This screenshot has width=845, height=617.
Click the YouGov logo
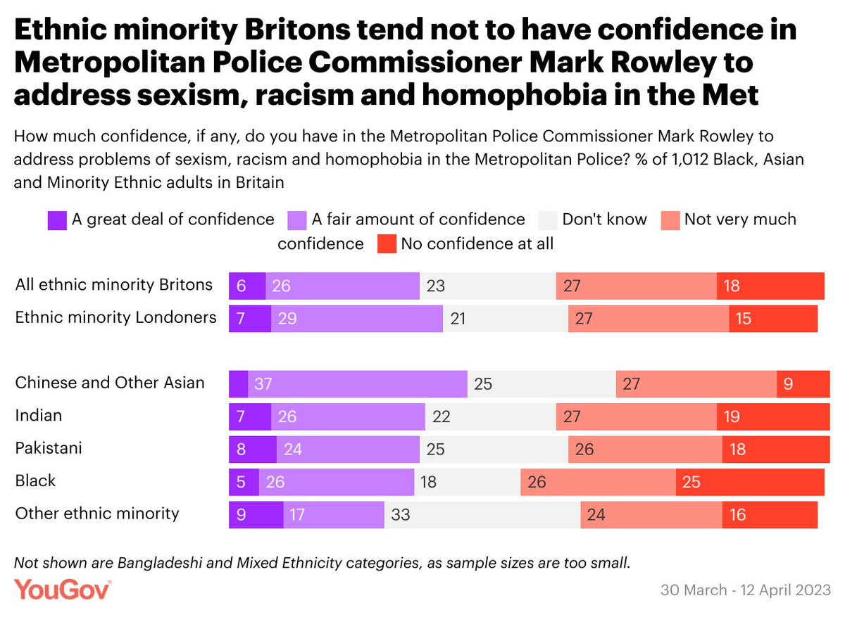pyautogui.click(x=63, y=589)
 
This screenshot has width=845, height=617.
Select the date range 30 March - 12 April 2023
pyautogui.click(x=746, y=590)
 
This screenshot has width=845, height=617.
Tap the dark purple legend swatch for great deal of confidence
pyautogui.click(x=57, y=220)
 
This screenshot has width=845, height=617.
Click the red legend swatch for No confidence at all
pyautogui.click(x=387, y=244)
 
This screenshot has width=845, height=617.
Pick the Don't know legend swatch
pyautogui.click(x=548, y=220)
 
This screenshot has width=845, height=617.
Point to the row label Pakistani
pyautogui.click(x=49, y=448)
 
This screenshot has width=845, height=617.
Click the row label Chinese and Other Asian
pyautogui.click(x=110, y=383)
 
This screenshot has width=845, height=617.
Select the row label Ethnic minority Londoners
pyautogui.click(x=115, y=317)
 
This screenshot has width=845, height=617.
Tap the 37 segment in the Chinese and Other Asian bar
pyautogui.click(x=358, y=384)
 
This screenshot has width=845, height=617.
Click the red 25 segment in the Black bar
pyautogui.click(x=750, y=483)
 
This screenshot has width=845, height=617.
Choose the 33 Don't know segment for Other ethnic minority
pyautogui.click(x=482, y=515)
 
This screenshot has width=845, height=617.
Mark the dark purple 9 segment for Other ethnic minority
pyautogui.click(x=256, y=515)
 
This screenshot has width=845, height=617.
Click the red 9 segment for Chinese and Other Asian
pyautogui.click(x=803, y=384)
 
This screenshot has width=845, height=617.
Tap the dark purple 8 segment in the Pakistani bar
pyautogui.click(x=253, y=450)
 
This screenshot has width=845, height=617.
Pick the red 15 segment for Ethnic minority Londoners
pyautogui.click(x=773, y=319)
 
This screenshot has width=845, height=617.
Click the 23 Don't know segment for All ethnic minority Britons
pyautogui.click(x=487, y=286)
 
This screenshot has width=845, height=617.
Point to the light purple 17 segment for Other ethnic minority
pyautogui.click(x=334, y=515)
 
